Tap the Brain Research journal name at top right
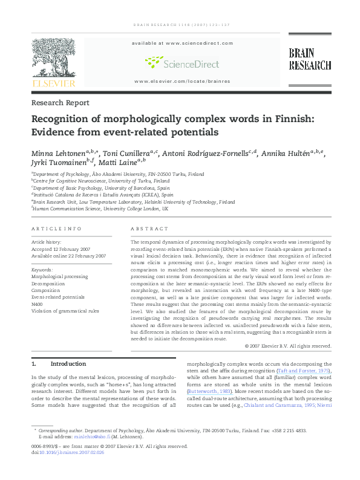coord(309,59)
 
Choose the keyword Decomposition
coord(49,283)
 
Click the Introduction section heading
coord(68,364)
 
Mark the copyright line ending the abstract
coord(288,346)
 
